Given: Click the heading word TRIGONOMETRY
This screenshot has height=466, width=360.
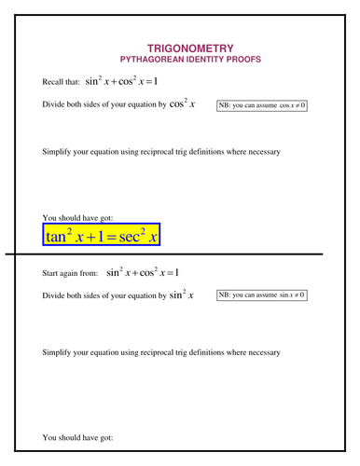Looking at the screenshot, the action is click(x=191, y=48).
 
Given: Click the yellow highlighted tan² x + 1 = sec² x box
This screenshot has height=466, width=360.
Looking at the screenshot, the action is click(x=102, y=235).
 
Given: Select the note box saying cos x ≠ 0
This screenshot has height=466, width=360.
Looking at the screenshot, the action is click(x=262, y=105).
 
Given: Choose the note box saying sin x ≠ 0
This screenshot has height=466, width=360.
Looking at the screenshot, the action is click(x=262, y=295).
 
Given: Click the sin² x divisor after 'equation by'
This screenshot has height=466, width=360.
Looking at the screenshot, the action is click(x=181, y=295).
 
